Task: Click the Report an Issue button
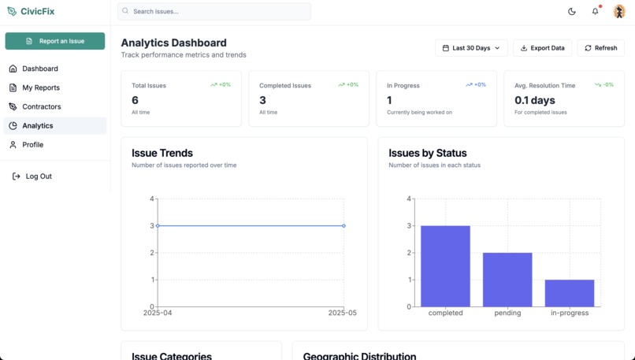tap(55, 41)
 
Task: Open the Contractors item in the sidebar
tap(41, 106)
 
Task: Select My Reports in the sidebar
tap(41, 87)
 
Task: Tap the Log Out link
tap(38, 176)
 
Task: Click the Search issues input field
tap(214, 12)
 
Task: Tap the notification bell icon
tap(595, 12)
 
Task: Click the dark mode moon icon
tap(572, 12)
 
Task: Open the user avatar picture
tap(619, 12)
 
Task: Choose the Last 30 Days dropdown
tap(471, 48)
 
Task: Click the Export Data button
tap(543, 48)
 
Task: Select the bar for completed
tap(445, 266)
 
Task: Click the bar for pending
tap(507, 280)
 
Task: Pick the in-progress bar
tap(570, 293)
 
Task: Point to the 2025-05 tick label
tap(343, 314)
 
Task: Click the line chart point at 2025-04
tap(158, 226)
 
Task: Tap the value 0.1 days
tap(535, 100)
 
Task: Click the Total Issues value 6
tap(136, 100)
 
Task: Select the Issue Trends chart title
tap(162, 153)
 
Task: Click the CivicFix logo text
tap(37, 11)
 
